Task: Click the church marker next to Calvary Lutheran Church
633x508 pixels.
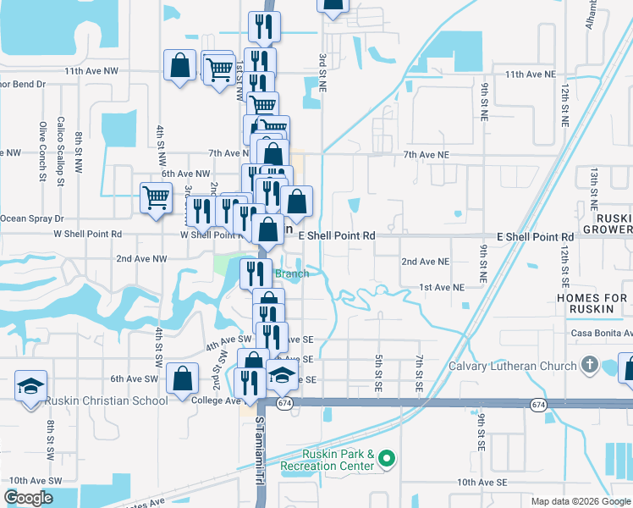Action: (x=590, y=366)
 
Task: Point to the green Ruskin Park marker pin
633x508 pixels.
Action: (x=387, y=460)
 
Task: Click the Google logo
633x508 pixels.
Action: (x=28, y=498)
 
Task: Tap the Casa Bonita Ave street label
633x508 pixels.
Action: (x=603, y=334)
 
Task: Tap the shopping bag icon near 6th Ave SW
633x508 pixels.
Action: (x=183, y=380)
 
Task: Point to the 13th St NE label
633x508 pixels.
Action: (x=595, y=188)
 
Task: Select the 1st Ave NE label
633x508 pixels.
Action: (x=442, y=288)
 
